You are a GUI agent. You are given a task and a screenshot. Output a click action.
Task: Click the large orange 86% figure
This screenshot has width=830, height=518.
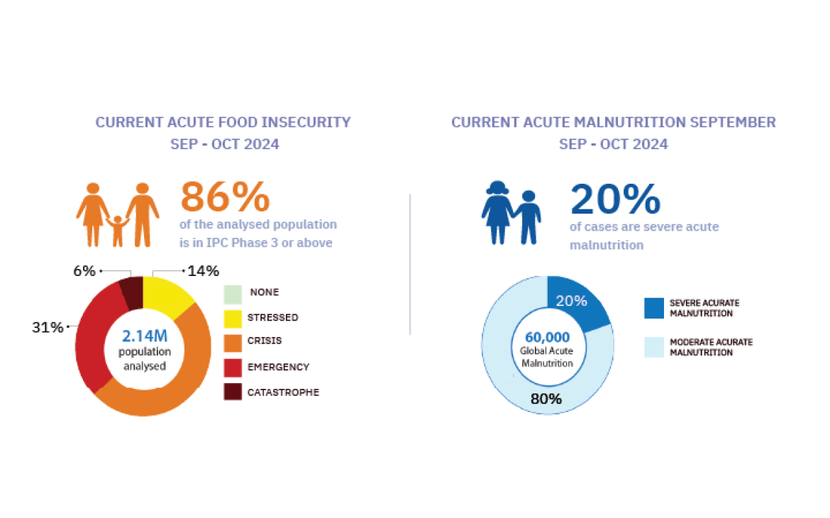tap(225, 197)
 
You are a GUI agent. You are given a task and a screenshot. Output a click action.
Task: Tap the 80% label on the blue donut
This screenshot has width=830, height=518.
tap(546, 399)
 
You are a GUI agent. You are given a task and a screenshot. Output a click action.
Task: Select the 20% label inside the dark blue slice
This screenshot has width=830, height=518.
tap(571, 301)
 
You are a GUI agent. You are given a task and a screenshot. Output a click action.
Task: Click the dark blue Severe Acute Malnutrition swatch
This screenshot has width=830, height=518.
tap(653, 307)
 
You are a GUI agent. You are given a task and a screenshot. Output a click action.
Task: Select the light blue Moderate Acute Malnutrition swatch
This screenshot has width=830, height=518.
tap(653, 347)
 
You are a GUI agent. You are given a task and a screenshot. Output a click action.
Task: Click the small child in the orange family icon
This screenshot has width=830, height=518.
tap(118, 229)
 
